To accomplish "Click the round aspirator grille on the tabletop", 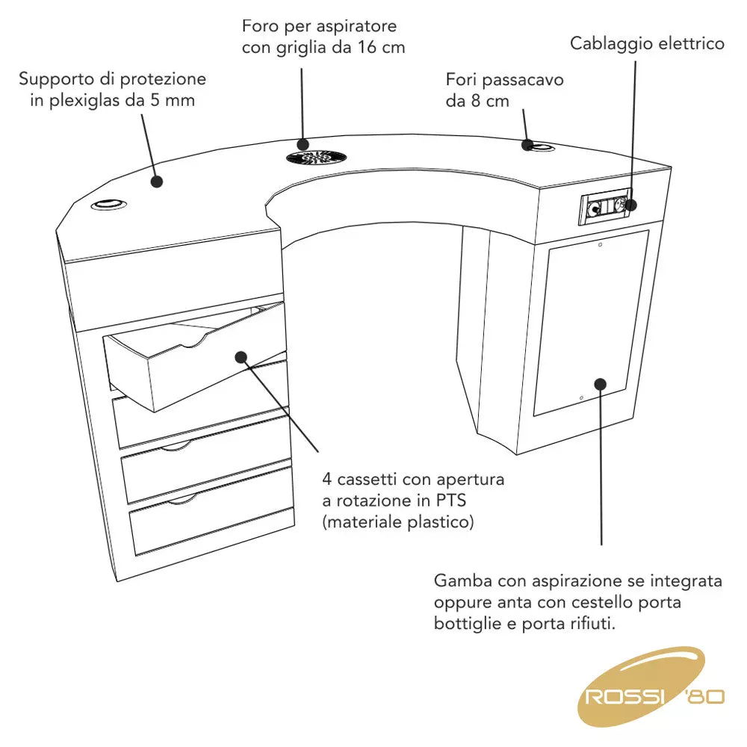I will [316, 158].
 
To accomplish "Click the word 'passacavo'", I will [524, 79].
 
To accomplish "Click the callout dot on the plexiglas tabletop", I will [157, 181].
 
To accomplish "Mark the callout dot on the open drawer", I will [241, 356].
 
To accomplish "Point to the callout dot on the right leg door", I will [601, 383].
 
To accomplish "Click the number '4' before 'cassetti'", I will [327, 479].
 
